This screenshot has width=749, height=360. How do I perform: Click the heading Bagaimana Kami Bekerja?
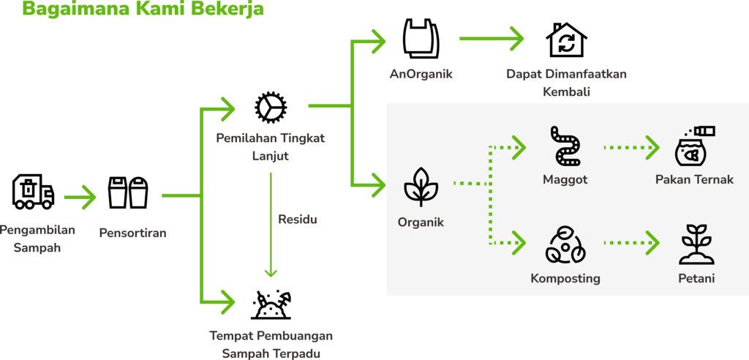143,10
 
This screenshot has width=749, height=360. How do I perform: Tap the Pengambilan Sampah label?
38,239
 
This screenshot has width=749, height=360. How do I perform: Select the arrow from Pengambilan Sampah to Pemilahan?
80,196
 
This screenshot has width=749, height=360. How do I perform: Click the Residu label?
298,219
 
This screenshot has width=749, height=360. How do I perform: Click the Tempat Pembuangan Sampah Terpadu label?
271,344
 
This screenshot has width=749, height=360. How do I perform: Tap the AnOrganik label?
421,74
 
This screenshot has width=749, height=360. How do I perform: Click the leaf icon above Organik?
421,187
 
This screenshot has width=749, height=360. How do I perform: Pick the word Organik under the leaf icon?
421,222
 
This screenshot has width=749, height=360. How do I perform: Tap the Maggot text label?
565,179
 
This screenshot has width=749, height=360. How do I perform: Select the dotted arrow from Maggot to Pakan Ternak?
631,147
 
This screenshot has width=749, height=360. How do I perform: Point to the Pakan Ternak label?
694,179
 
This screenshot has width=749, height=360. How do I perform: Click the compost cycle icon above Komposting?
565,246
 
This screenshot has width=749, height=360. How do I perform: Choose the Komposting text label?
565,278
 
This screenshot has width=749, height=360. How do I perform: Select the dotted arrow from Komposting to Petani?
631,241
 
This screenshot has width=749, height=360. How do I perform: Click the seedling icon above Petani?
696,245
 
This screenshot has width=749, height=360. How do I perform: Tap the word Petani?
696,278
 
